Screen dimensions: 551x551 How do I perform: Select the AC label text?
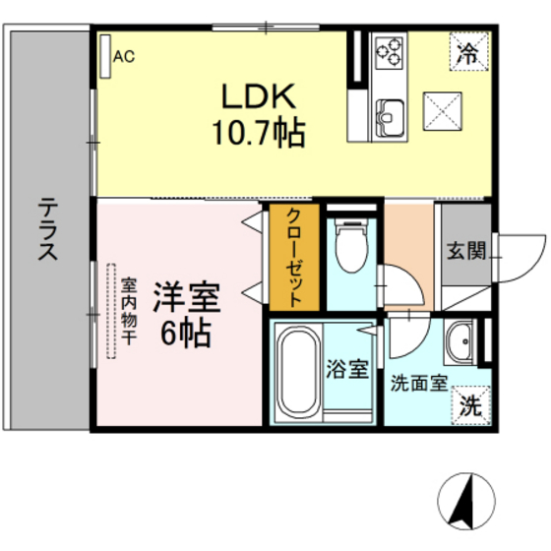pyautogui.click(x=124, y=57)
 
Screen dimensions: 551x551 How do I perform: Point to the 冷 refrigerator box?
pyautogui.click(x=469, y=52)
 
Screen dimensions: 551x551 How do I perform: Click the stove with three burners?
pyautogui.click(x=388, y=51)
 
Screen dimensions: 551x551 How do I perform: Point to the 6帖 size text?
pyautogui.click(x=184, y=334)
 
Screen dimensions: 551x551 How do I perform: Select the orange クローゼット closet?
pyautogui.click(x=294, y=256)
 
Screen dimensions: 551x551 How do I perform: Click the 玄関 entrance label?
pyautogui.click(x=465, y=251)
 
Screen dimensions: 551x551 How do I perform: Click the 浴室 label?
pyautogui.click(x=347, y=370)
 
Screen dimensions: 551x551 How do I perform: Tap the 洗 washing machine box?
pyautogui.click(x=471, y=403)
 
